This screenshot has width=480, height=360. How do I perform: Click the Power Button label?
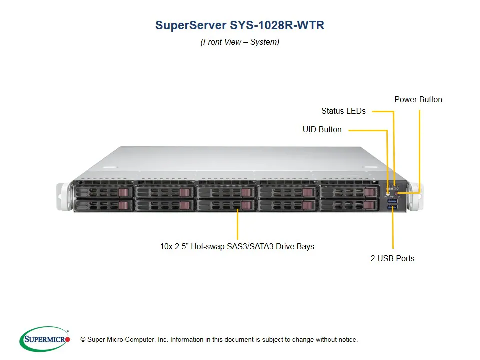418,99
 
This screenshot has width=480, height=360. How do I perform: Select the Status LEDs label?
343,111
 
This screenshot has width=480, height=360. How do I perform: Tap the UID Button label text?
322,129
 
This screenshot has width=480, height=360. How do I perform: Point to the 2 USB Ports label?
392,258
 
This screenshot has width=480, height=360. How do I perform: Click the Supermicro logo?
44,339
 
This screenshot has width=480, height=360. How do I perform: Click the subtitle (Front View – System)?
240,42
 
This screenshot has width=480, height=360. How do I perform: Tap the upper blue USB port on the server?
393,200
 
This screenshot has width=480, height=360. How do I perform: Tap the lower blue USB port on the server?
393,206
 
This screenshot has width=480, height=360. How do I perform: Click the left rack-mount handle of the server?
63,197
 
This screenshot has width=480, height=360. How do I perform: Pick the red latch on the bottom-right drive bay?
369,205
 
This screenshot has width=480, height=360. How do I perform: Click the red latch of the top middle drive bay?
246,192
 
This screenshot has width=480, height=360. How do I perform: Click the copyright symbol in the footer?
83,340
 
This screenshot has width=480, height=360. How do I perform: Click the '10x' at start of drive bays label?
166,246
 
